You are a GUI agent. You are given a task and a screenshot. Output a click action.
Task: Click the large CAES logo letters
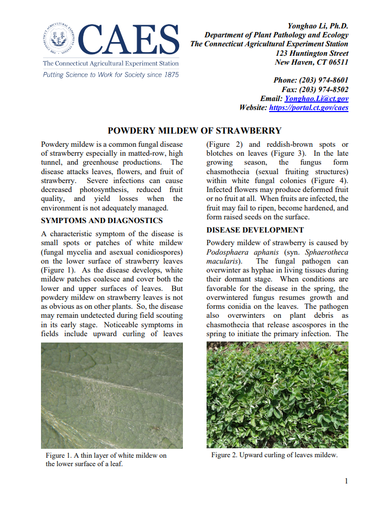click(130, 40)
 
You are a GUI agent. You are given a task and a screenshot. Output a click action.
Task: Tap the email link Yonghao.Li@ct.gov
click(316, 98)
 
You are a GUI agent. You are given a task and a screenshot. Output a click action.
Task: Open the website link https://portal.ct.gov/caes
click(309, 107)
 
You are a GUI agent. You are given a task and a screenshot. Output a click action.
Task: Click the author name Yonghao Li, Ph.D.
click(317, 26)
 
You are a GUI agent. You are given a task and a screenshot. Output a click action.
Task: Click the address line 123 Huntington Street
click(312, 53)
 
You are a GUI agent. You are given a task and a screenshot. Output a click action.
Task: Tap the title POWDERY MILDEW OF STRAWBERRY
click(194, 130)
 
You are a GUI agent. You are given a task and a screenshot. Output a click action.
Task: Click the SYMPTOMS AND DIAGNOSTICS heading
click(102, 220)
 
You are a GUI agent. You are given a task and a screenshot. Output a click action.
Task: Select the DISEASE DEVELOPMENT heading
click(255, 230)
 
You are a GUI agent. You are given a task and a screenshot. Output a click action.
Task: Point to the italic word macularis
click(223, 261)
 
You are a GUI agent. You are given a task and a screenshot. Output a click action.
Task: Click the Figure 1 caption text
click(106, 459)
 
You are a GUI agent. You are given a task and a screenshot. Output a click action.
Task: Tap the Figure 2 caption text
click(274, 455)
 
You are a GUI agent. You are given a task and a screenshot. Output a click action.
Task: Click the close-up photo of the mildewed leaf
click(111, 395)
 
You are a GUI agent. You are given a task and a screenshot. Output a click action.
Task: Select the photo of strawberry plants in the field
click(277, 395)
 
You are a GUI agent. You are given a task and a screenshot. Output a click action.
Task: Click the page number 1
click(346, 481)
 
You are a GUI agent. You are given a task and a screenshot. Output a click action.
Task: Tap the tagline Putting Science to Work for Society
click(110, 75)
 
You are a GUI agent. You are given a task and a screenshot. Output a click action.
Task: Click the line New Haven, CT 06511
click(312, 62)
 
